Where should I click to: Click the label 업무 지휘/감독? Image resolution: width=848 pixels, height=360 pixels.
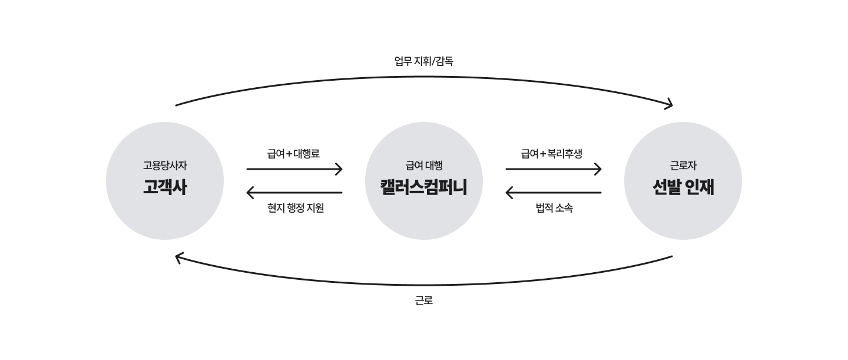pyautogui.click(x=423, y=61)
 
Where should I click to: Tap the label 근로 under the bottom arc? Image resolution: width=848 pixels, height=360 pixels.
pyautogui.click(x=423, y=300)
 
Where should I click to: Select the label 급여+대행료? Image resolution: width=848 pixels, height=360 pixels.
pyautogui.click(x=293, y=153)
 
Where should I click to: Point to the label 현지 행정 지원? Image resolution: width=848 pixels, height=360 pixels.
pyautogui.click(x=295, y=207)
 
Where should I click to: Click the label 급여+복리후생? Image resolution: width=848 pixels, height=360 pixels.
pyautogui.click(x=552, y=153)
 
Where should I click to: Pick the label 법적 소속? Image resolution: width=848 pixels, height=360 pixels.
pyautogui.click(x=554, y=207)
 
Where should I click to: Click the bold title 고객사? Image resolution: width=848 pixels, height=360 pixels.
pyautogui.click(x=165, y=187)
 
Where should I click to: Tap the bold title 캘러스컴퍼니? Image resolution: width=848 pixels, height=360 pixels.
pyautogui.click(x=423, y=187)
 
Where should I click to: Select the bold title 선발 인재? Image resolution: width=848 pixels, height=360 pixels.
pyautogui.click(x=683, y=187)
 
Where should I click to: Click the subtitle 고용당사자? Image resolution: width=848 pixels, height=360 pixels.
pyautogui.click(x=165, y=166)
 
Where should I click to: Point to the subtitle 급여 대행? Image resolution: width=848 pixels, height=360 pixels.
pyautogui.click(x=423, y=166)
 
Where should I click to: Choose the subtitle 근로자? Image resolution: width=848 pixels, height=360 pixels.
pyautogui.click(x=683, y=166)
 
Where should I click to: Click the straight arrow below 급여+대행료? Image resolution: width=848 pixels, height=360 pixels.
pyautogui.click(x=294, y=169)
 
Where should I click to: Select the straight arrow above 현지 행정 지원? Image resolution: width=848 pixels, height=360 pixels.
pyautogui.click(x=294, y=193)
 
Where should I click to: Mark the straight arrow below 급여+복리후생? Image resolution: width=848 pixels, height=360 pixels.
pyautogui.click(x=554, y=169)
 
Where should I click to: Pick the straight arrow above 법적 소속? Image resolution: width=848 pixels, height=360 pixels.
pyautogui.click(x=553, y=193)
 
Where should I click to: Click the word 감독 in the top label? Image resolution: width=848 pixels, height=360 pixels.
pyautogui.click(x=445, y=61)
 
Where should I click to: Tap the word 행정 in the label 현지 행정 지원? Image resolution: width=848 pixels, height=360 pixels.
pyautogui.click(x=295, y=207)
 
